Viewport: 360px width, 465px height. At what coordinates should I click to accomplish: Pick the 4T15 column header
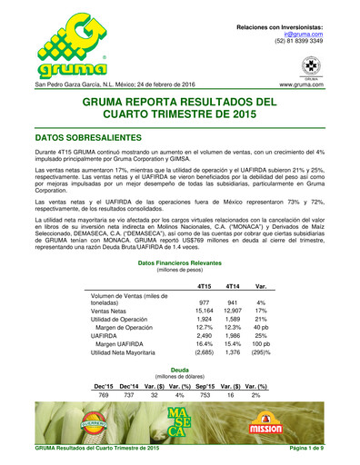[x=204, y=287]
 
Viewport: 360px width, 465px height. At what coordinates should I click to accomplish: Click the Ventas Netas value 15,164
[x=204, y=312]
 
